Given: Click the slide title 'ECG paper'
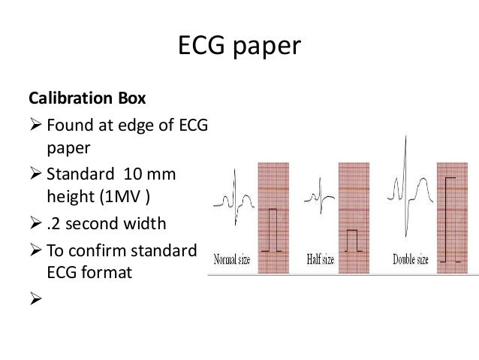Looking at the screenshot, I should tap(239, 47).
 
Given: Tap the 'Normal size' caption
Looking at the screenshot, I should tap(234, 260).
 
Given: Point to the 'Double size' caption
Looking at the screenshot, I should tap(411, 260).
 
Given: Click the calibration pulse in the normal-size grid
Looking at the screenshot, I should tap(272, 229).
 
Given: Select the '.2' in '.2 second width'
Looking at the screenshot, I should tap(52, 225).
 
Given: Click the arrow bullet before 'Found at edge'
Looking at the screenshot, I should tap(35, 126).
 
